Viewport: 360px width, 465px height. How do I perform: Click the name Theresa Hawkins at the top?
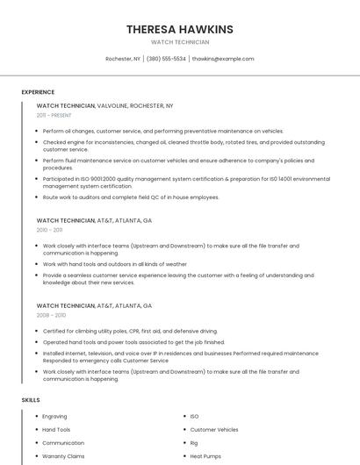coord(180,29)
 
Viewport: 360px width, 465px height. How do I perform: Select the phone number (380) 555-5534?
coord(166,59)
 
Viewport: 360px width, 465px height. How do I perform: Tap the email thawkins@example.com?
coord(223,59)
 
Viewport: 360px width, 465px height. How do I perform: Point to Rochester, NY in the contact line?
coord(123,59)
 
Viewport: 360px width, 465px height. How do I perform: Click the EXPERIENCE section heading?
coord(38,92)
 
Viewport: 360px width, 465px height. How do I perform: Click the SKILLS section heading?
coord(31,400)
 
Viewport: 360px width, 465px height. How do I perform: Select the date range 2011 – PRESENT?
coord(54,115)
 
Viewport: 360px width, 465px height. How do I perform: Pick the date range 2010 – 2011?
coord(49,230)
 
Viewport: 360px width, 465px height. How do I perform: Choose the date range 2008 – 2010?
coord(51,314)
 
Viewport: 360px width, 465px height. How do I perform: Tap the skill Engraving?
coord(54,416)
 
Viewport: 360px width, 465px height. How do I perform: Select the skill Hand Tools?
coord(56,430)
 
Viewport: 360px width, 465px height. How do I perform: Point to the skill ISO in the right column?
coord(194,416)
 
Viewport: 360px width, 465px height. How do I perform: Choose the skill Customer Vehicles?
coord(213,430)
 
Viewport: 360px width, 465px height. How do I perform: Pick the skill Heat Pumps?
coord(205,456)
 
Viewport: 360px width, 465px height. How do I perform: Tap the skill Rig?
coord(194,443)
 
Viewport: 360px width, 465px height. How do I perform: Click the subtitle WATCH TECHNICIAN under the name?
coord(180,42)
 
